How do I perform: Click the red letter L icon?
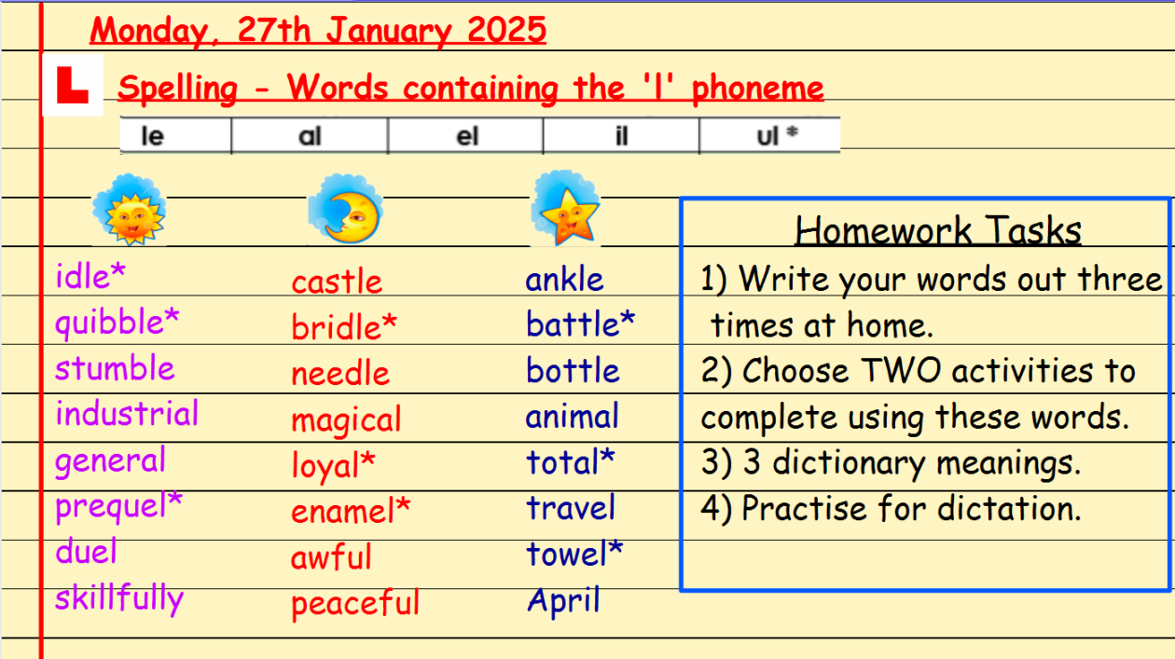[x=73, y=85]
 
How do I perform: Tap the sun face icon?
[x=130, y=210]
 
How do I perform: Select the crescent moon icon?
[x=346, y=210]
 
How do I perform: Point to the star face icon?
[x=565, y=208]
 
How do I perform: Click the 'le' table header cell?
[x=175, y=136]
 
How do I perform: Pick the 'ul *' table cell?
[x=770, y=136]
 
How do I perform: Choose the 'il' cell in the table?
[x=622, y=136]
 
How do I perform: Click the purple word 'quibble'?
[x=109, y=323]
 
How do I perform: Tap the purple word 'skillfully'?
[x=119, y=597]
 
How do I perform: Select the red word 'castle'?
[x=337, y=281]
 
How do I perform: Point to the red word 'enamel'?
[x=342, y=511]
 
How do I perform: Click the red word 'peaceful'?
[x=355, y=603]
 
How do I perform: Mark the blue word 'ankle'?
[x=564, y=279]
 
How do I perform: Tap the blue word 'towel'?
[x=567, y=554]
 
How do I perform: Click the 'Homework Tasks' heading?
[x=938, y=230]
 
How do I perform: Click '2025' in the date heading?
[x=506, y=29]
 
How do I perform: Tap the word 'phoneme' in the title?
[x=757, y=88]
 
